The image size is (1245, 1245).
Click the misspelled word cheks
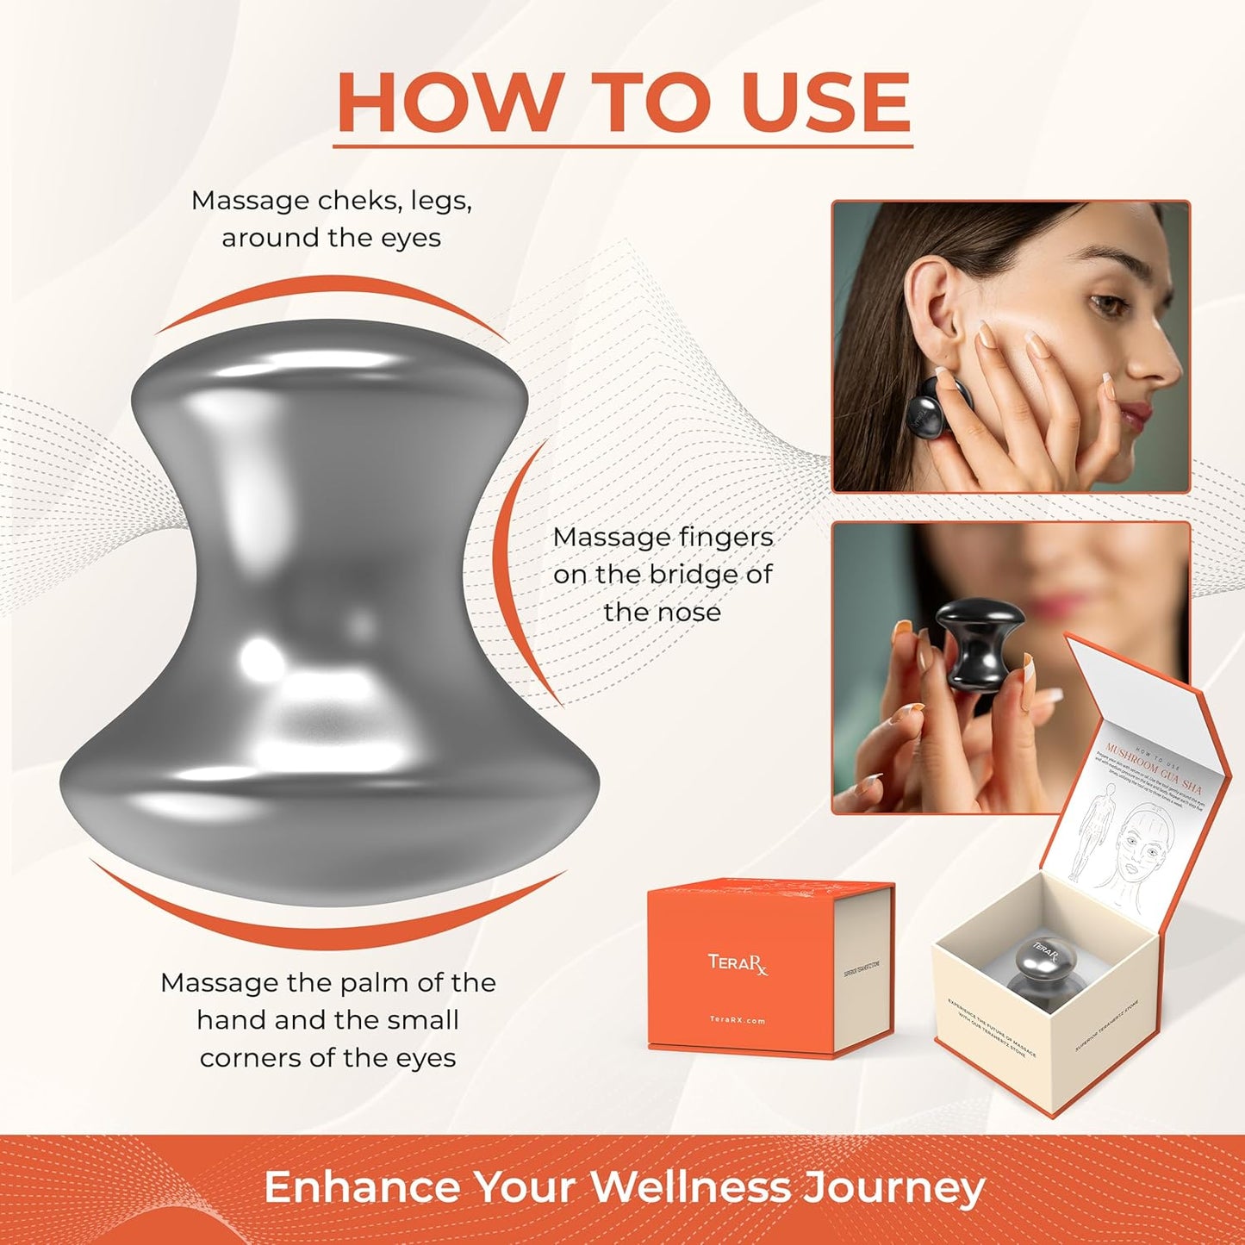click(x=360, y=201)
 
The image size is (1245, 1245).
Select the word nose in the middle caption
click(x=687, y=612)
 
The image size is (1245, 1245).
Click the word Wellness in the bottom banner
click(x=690, y=1187)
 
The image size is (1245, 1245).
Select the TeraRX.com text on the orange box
click(x=738, y=1020)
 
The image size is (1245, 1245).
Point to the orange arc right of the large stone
click(x=508, y=569)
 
